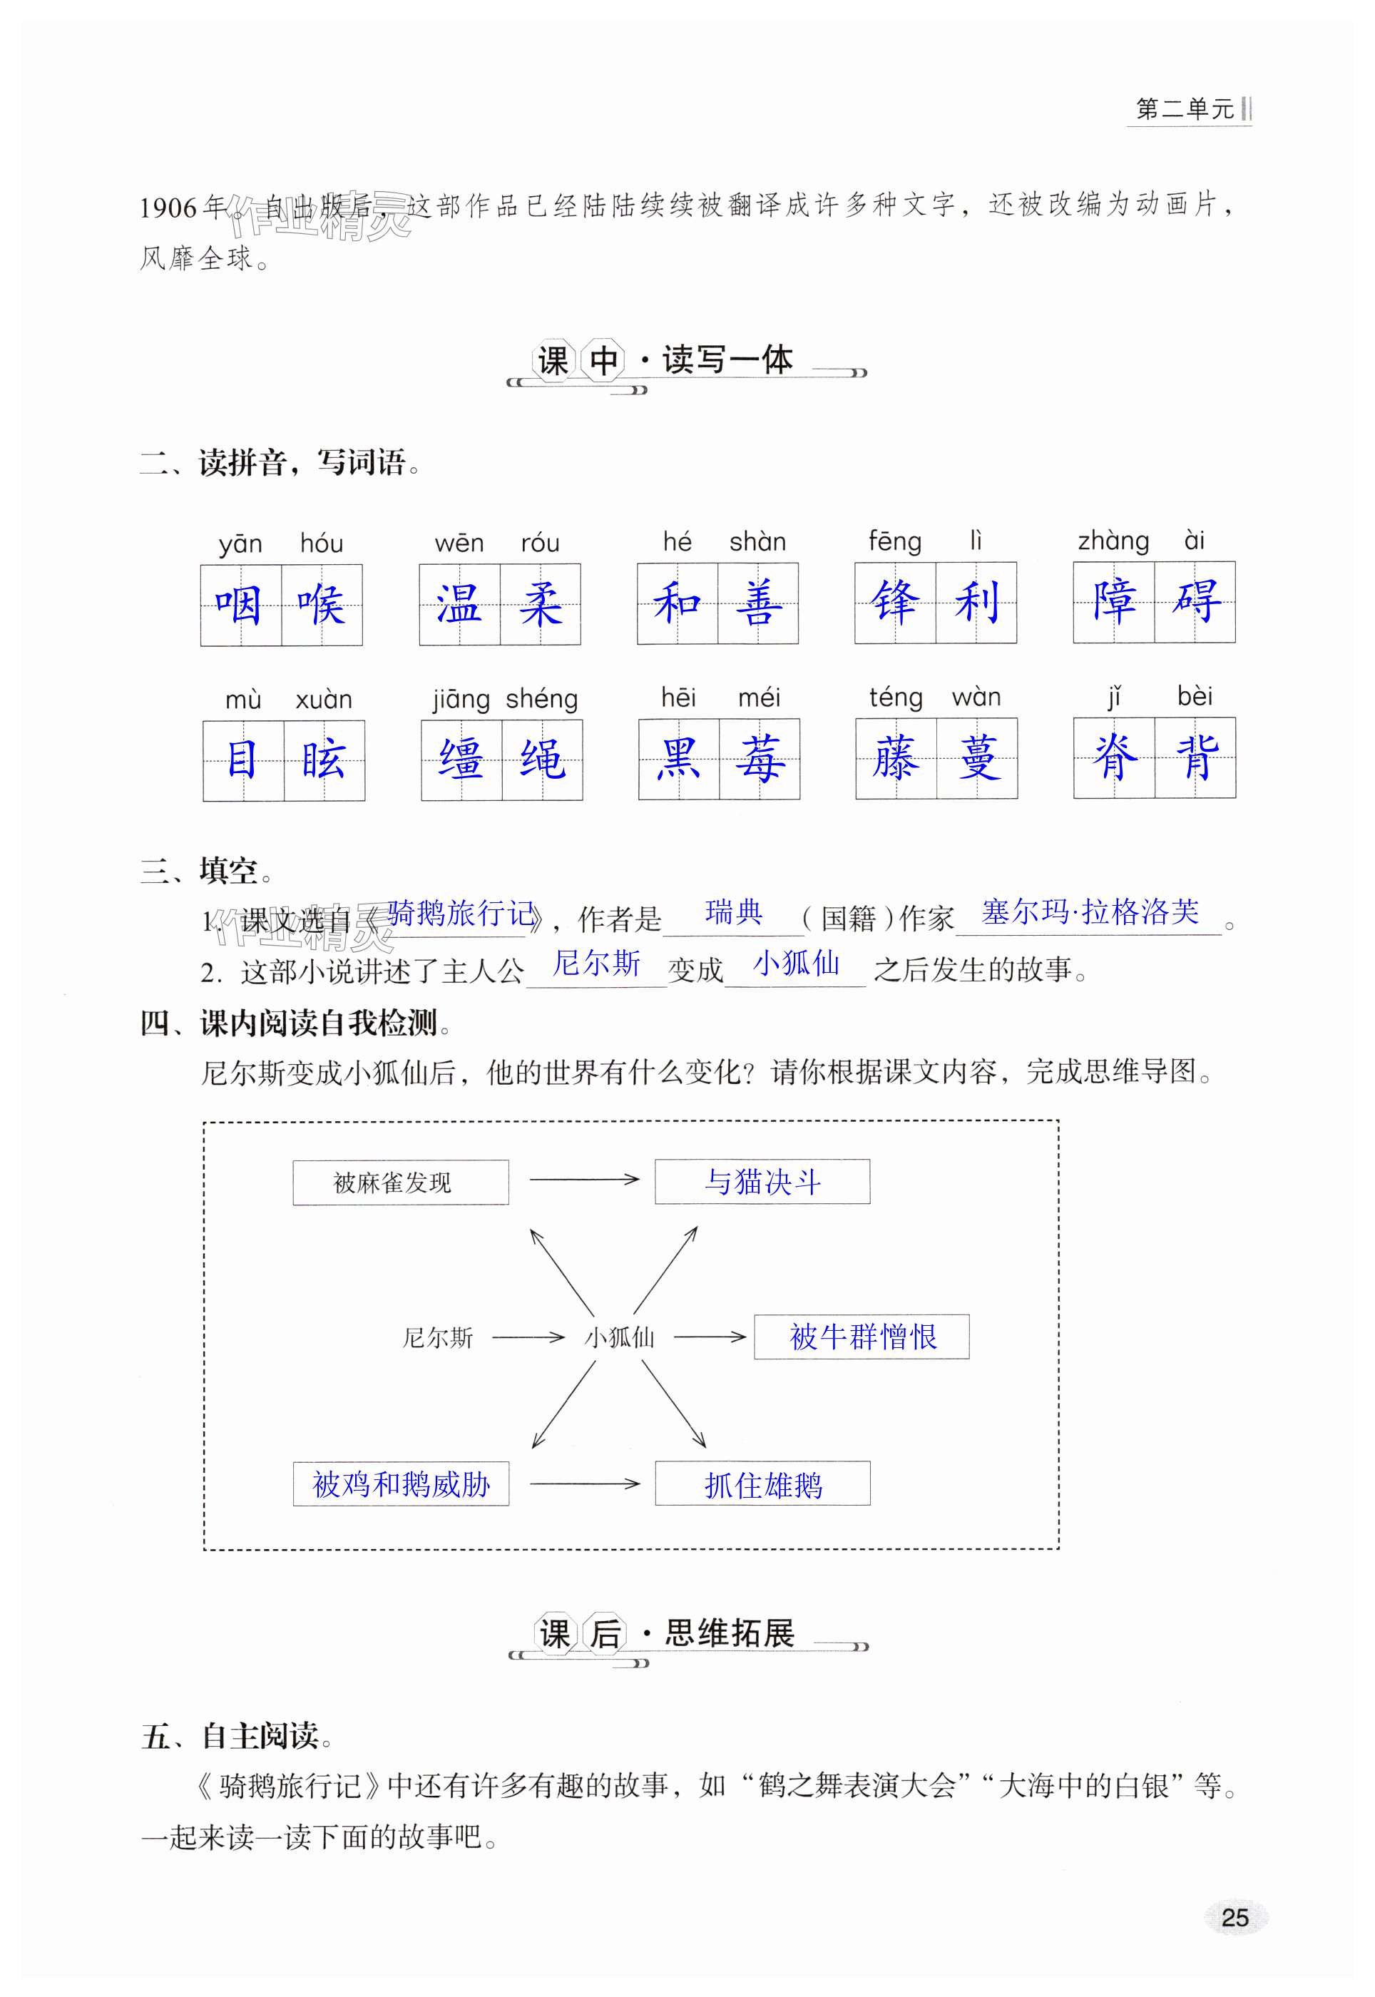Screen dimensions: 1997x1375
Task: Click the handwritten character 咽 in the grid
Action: pos(240,605)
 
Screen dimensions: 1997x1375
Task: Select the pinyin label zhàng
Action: pos(1113,541)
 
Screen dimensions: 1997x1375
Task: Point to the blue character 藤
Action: pos(895,759)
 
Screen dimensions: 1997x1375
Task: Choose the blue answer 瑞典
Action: pos(733,911)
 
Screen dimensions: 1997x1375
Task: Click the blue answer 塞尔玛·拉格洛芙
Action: pos(1090,911)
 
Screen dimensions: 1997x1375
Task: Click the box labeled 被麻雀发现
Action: pos(401,1182)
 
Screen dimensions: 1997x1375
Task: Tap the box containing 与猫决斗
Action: pos(762,1181)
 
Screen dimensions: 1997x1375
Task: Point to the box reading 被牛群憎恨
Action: pos(862,1337)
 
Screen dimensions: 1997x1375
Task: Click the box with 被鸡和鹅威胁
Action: pos(401,1483)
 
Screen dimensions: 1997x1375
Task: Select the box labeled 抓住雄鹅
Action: pos(762,1483)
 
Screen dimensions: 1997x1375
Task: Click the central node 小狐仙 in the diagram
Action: pos(620,1337)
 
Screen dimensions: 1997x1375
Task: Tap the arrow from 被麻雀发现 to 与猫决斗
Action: pos(583,1180)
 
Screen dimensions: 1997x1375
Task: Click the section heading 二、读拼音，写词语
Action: pos(281,464)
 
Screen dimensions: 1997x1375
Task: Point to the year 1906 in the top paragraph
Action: pos(168,208)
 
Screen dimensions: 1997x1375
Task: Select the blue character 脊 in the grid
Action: pos(1114,758)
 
